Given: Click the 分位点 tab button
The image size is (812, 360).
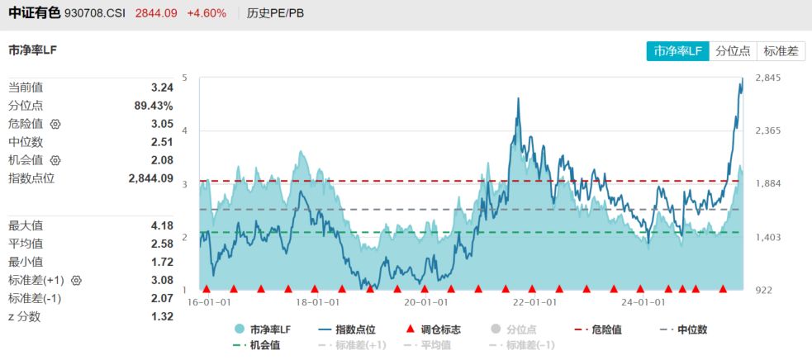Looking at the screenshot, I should (733, 50).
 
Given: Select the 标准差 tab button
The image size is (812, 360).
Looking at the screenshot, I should (781, 50).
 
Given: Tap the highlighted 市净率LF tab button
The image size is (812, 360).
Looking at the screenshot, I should (677, 50).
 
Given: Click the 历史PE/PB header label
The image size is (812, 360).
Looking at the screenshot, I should (275, 13).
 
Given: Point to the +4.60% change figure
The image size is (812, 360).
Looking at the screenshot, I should (207, 13).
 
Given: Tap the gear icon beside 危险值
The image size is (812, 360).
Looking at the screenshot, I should (56, 124).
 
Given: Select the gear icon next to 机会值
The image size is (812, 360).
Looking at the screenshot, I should (56, 160).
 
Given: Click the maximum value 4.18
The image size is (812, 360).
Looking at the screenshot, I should (162, 225).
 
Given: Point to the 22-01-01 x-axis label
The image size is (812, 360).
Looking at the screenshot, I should (531, 302).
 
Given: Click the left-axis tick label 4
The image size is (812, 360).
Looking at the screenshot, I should (185, 130).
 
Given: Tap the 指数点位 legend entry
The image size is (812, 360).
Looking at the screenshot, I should (347, 329).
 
